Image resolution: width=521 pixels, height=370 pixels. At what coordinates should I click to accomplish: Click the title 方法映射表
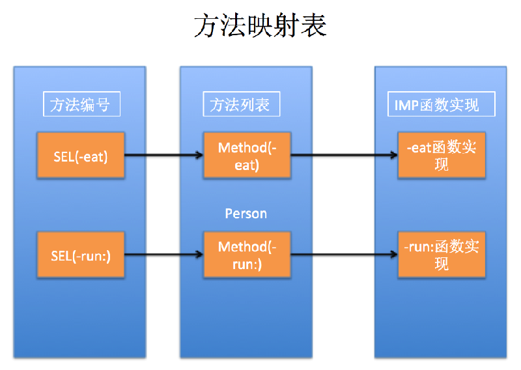coord(260,27)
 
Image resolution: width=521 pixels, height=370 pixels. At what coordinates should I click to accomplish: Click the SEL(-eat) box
coord(81,156)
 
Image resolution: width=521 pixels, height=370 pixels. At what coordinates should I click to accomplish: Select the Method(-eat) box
coord(247,156)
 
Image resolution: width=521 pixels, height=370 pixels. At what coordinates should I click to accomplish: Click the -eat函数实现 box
coord(441,156)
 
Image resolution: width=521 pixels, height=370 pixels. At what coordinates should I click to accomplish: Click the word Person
coord(246,213)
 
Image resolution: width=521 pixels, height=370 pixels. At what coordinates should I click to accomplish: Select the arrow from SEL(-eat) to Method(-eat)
coord(163,156)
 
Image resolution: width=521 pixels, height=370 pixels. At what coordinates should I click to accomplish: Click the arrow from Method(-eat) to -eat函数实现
coord(344,156)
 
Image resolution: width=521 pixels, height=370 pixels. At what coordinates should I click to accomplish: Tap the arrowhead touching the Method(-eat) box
coord(199,156)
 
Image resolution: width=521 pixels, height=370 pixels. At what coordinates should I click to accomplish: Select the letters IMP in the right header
coord(406,105)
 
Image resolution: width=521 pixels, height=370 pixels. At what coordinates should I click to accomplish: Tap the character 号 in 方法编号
coord(104,104)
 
